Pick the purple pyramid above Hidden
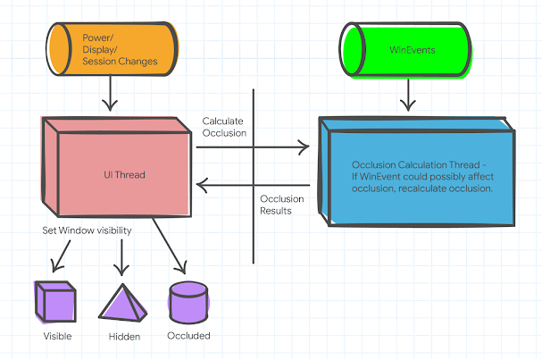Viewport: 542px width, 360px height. tap(121, 303)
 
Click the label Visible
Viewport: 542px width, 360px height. tap(57, 337)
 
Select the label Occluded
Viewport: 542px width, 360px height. tap(188, 337)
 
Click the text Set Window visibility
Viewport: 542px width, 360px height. tap(88, 230)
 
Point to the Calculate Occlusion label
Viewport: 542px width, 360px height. tap(224, 126)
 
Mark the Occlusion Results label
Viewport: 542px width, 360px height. tap(281, 205)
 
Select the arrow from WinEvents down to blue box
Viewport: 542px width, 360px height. tap(409, 95)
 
